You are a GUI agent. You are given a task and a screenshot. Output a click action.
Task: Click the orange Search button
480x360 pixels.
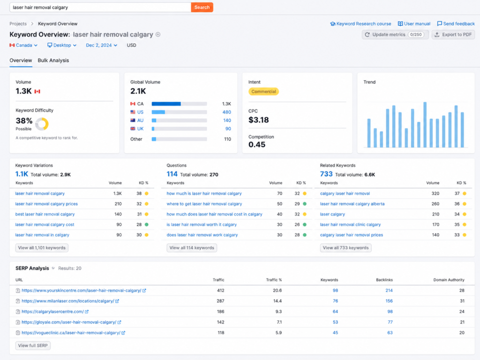(202, 7)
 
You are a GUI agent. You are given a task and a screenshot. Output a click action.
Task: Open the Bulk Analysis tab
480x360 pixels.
(53, 60)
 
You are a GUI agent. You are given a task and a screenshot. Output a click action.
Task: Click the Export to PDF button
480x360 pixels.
(453, 35)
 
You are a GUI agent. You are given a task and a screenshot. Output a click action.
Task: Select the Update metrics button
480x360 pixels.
(395, 35)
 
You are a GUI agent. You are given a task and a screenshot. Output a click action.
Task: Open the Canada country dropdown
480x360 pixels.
(23, 45)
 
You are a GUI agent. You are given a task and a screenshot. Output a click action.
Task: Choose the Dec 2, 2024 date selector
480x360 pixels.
(101, 45)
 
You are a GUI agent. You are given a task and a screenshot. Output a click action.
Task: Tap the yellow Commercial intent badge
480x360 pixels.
(263, 91)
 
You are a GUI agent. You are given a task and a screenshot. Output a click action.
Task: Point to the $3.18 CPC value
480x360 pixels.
(259, 120)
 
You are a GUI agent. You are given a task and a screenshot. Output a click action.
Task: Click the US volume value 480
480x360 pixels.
(226, 112)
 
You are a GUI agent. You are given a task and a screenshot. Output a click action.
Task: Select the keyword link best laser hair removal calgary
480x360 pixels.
(45, 214)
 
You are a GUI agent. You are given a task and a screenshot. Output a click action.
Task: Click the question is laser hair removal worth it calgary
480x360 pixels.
(202, 225)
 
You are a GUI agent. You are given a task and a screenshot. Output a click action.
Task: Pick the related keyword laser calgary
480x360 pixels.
(332, 214)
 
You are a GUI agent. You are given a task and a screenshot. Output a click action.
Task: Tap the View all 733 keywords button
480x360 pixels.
(345, 248)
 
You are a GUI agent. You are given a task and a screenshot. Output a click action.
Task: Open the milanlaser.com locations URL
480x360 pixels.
(68, 301)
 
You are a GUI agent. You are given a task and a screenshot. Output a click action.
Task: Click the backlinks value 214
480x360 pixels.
(389, 291)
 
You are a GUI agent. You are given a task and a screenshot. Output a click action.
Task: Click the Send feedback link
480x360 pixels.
(456, 23)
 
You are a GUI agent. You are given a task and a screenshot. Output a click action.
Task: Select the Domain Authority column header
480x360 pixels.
(449, 280)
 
